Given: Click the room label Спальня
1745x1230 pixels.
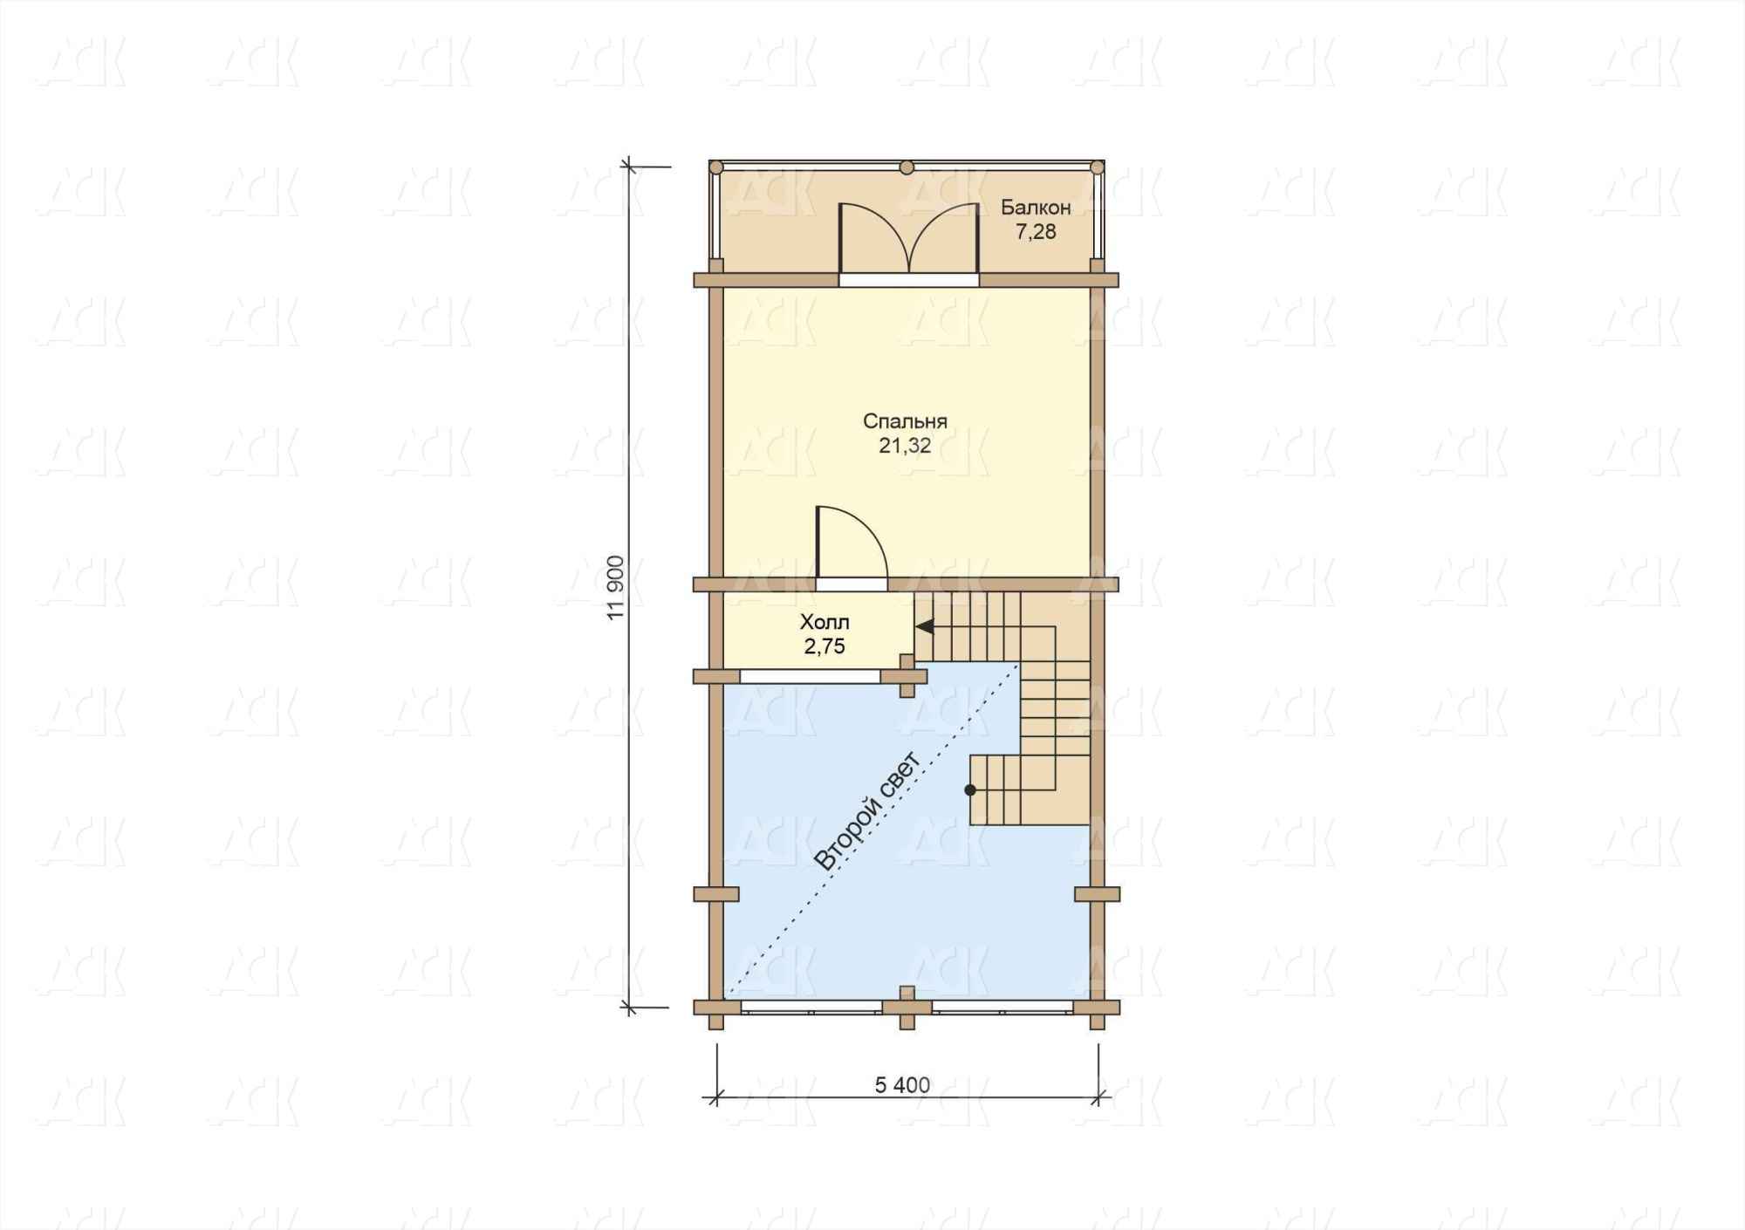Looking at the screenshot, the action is (905, 421).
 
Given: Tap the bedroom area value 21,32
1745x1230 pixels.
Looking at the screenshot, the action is (905, 446).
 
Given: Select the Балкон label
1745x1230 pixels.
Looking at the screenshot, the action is (1036, 208).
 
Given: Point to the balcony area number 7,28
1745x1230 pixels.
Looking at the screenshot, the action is (1036, 232).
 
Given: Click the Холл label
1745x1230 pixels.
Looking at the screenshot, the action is (825, 623).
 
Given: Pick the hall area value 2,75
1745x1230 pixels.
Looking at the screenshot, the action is (825, 646).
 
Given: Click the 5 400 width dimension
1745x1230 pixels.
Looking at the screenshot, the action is (902, 1085).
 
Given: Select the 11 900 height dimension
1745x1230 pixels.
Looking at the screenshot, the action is (617, 587).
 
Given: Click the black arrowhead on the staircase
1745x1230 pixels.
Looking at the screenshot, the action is (924, 626).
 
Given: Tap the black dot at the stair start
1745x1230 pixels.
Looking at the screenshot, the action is (970, 790).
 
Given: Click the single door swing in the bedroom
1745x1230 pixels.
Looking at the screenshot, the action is (852, 543).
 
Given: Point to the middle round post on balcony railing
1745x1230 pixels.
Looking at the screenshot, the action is (907, 167).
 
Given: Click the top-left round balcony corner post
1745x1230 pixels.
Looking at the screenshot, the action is (715, 167).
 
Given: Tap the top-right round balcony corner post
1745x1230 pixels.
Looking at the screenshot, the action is (1098, 167).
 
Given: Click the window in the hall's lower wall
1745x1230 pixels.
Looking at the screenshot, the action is (811, 676).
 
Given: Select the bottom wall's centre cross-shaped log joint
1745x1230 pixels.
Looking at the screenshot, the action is (907, 1008).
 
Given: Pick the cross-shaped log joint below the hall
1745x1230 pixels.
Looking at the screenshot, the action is (907, 676).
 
